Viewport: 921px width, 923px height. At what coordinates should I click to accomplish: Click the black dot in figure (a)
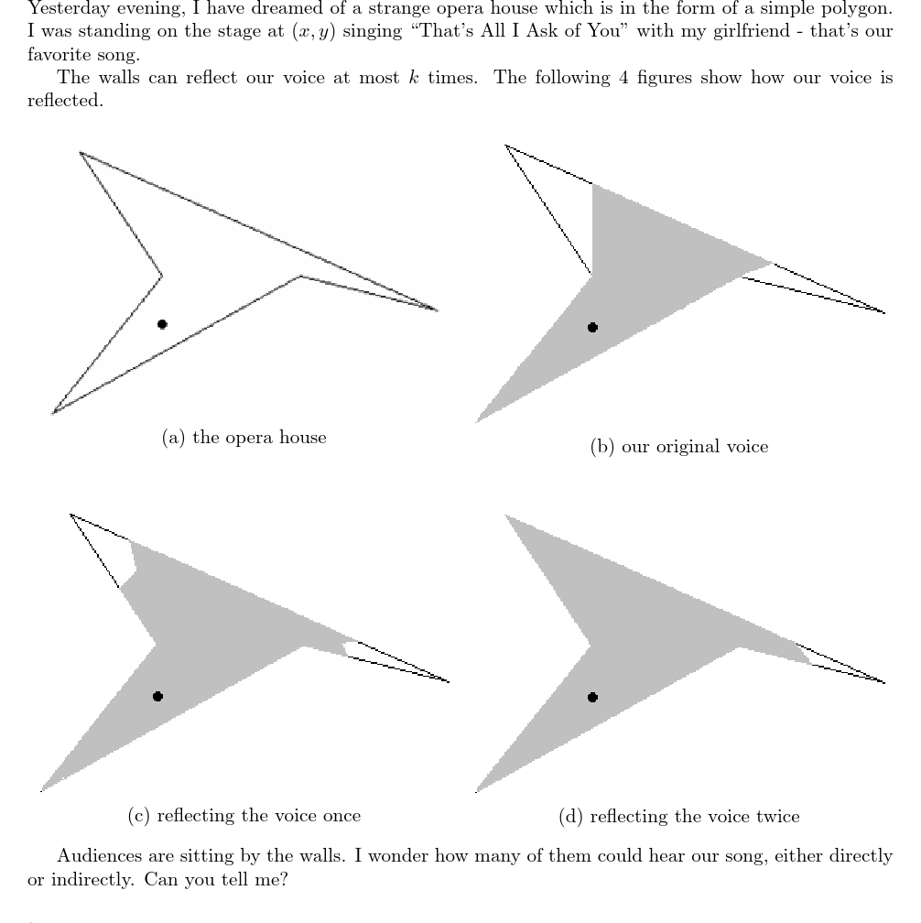coord(162,323)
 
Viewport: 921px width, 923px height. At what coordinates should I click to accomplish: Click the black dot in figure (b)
coord(592,327)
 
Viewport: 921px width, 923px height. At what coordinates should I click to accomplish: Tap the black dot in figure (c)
coord(157,696)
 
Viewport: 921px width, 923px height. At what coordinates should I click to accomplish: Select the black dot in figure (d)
coord(592,697)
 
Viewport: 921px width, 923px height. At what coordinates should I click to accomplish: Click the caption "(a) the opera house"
coord(244,438)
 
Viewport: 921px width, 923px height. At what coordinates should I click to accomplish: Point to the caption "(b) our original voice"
coord(679,447)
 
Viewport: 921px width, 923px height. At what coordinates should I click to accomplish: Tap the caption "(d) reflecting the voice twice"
coord(678,816)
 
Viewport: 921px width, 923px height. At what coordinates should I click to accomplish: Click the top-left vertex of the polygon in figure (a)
coord(81,153)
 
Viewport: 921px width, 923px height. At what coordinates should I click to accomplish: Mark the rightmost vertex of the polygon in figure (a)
coord(436,310)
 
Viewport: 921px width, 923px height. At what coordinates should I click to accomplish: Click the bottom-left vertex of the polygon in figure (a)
coord(53,413)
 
